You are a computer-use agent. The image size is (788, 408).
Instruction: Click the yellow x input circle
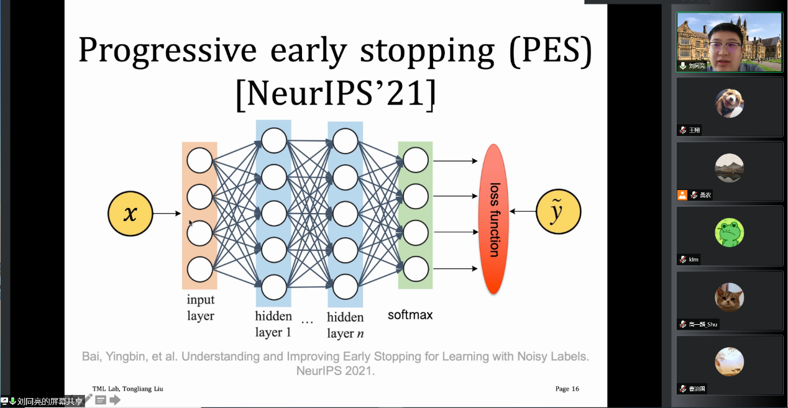coord(130,214)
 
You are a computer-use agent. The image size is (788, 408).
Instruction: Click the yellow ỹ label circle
coord(558,212)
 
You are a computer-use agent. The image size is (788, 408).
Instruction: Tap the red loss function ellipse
coord(494,219)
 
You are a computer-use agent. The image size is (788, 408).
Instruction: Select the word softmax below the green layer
coord(410,315)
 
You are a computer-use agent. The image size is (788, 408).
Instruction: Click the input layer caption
coord(201,308)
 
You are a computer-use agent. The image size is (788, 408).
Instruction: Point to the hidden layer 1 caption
coord(273,324)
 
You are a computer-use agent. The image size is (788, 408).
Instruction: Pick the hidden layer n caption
coord(345,325)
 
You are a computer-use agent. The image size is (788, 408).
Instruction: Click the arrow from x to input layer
coord(167,214)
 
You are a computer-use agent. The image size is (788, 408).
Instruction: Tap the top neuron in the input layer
coord(199,160)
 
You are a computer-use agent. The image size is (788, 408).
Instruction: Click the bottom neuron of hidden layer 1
coord(273,287)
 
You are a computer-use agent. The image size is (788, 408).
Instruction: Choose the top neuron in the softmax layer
coord(416,160)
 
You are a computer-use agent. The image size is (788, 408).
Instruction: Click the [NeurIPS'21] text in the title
coord(336,94)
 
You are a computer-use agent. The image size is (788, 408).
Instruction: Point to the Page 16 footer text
coord(567,389)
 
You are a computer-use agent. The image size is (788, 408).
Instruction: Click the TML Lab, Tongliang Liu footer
coord(128,389)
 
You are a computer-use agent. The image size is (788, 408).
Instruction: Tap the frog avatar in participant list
coord(729,233)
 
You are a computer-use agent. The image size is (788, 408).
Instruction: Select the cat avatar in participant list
coord(729,297)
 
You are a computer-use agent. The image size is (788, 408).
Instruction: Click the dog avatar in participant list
coord(729,103)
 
